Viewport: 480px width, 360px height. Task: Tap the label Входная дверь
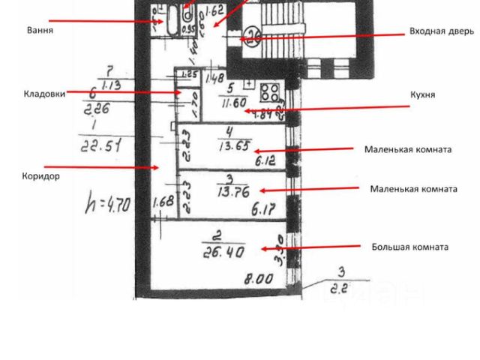tap(441, 31)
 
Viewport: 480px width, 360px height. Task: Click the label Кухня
tap(423, 95)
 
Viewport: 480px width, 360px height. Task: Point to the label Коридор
tap(40, 176)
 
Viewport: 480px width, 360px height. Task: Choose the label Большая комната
tap(410, 247)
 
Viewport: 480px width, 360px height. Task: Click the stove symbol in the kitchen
tap(269, 94)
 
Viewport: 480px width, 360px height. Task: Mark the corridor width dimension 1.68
tap(162, 202)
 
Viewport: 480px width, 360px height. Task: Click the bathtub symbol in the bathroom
tap(171, 21)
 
